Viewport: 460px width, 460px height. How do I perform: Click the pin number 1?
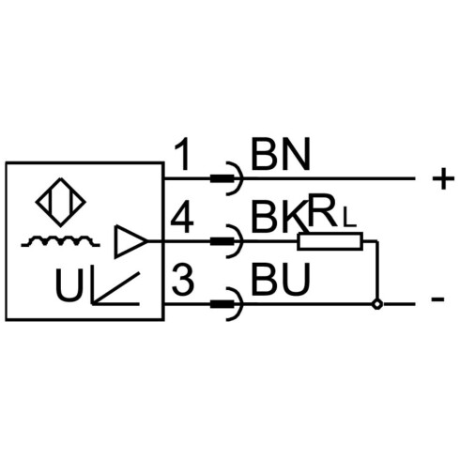(183, 155)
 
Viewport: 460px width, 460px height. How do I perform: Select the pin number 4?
(182, 217)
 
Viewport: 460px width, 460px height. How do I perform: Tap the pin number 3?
(183, 280)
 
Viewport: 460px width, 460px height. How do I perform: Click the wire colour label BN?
(280, 155)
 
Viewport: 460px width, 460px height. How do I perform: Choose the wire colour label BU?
(281, 280)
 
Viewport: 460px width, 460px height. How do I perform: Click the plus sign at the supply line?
(443, 178)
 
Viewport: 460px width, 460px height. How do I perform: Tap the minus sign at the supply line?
(437, 299)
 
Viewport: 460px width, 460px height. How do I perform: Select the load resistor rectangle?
(330, 241)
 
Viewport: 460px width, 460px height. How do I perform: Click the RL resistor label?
(331, 211)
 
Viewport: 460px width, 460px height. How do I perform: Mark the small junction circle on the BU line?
(377, 304)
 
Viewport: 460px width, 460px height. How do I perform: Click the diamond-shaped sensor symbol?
(61, 202)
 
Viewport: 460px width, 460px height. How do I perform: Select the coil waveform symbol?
(60, 241)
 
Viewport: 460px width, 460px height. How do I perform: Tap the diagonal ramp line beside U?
(115, 288)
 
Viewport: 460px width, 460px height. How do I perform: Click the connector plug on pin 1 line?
(222, 178)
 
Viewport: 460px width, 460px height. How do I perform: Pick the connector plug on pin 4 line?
(222, 241)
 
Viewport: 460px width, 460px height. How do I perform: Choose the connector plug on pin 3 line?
(222, 304)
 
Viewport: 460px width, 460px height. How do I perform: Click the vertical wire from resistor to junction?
(377, 270)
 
